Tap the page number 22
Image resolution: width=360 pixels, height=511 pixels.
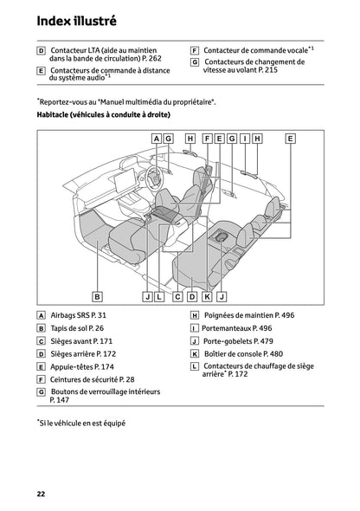coord(41,493)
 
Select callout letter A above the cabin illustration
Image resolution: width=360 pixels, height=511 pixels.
coord(157,139)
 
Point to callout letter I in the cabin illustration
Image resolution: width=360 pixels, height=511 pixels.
coord(245,139)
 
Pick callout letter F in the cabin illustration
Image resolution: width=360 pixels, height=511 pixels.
coord(208,139)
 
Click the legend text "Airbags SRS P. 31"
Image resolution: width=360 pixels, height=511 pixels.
coord(79,316)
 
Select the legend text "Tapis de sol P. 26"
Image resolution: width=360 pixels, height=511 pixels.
coord(77,329)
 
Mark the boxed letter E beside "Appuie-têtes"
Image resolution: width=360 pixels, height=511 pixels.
coord(42,367)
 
